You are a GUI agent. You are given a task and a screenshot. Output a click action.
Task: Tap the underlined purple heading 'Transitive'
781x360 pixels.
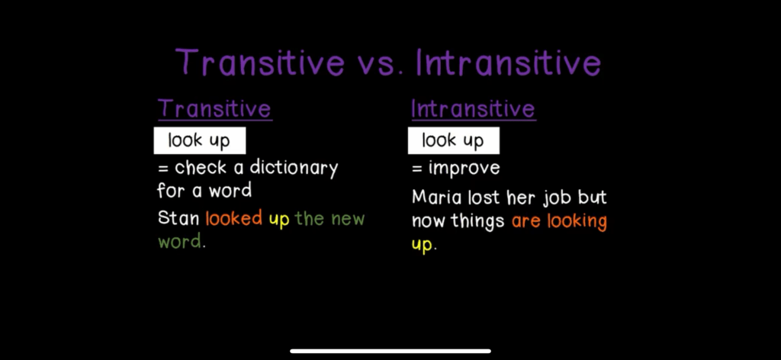(214, 109)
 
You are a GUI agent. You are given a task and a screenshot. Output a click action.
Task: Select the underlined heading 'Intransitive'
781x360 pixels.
(473, 109)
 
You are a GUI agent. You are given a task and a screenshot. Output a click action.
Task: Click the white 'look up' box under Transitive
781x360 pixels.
(199, 140)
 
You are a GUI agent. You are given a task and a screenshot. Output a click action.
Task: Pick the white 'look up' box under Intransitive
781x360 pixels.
(453, 140)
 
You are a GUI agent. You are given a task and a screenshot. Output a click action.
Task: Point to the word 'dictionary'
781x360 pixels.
(294, 169)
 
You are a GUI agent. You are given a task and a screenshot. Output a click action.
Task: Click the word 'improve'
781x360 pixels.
(464, 169)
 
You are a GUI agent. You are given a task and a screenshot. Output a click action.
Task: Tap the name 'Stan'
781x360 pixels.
(178, 218)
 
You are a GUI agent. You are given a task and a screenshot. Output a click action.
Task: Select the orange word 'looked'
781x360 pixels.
(233, 218)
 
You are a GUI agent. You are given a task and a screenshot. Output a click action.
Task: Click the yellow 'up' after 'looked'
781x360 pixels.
(279, 220)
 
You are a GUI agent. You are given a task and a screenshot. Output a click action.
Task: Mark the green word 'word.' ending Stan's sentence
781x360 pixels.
(182, 242)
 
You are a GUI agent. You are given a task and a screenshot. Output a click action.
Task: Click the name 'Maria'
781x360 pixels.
(436, 198)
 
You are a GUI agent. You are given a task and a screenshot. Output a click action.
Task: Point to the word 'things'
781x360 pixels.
(477, 221)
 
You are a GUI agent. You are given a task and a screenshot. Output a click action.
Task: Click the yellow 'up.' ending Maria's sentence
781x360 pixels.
(424, 245)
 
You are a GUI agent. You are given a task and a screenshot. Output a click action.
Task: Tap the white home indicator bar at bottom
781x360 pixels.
(390, 351)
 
